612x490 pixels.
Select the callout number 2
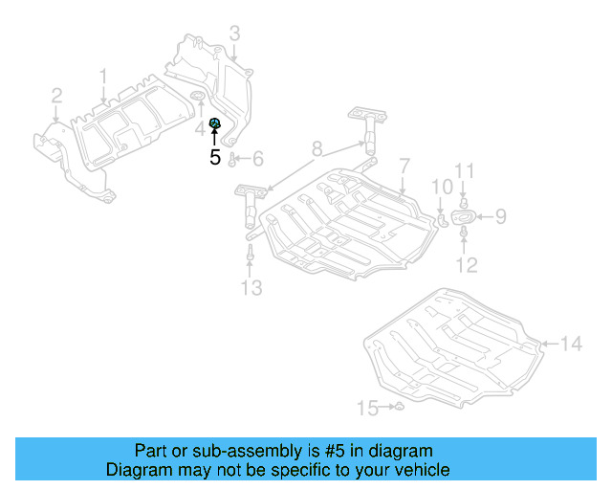tap(56, 95)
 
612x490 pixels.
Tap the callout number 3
tap(234, 35)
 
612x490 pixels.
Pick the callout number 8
tap(317, 148)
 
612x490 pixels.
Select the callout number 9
tap(499, 217)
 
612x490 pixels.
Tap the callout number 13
tap(250, 287)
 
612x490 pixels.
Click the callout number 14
tap(570, 343)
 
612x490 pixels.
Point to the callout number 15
tap(367, 409)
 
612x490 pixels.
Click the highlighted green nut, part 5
tap(215, 122)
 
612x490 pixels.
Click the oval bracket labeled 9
tap(464, 219)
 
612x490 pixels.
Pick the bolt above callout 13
tap(250, 254)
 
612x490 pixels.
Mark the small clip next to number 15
tap(400, 409)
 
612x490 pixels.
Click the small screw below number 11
tap(464, 202)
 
